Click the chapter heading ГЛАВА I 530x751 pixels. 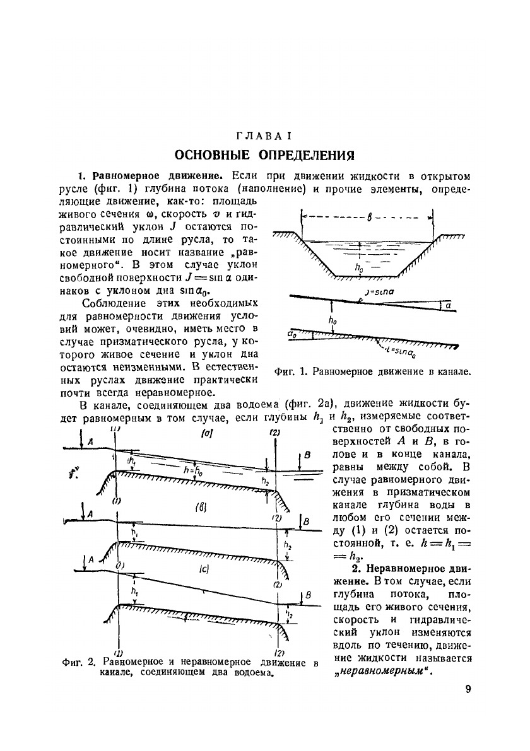click(264, 136)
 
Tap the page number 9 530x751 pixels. click(468, 689)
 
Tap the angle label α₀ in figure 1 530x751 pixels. click(292, 330)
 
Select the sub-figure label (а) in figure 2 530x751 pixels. click(205, 434)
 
